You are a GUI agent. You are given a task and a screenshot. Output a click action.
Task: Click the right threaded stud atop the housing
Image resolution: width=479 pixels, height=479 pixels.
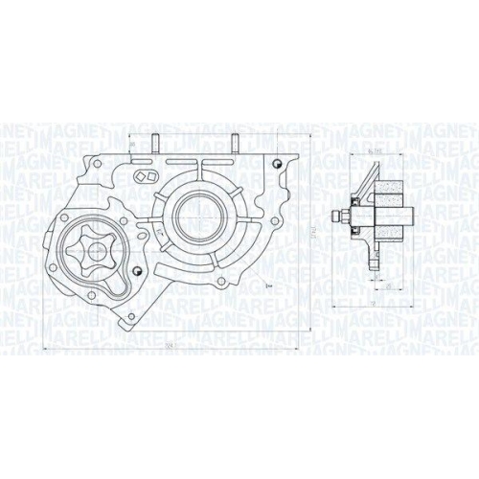point(233,145)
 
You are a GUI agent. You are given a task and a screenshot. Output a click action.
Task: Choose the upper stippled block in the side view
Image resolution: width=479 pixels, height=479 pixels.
point(392,191)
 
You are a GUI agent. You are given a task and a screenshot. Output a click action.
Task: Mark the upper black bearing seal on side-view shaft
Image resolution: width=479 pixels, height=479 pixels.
point(358,203)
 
